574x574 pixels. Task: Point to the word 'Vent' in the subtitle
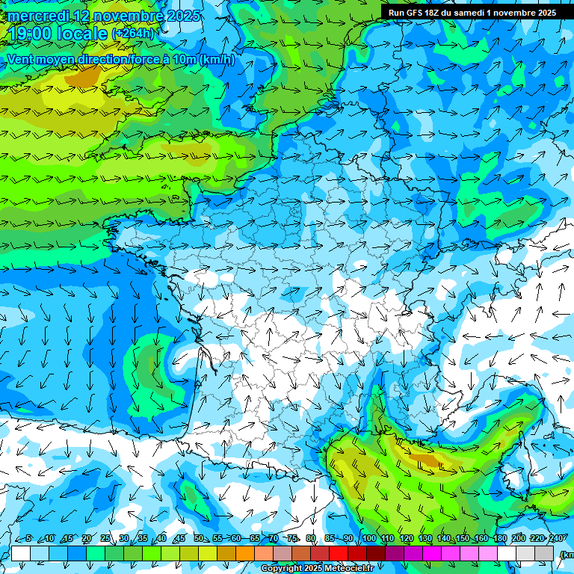click(x=20, y=59)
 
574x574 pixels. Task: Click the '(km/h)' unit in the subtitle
click(x=217, y=59)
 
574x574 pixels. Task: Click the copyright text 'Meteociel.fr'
click(x=348, y=569)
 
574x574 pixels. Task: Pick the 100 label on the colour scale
click(x=368, y=539)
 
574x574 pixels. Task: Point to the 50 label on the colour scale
click(x=199, y=539)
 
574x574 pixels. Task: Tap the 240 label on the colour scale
click(x=556, y=539)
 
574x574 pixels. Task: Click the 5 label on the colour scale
click(x=28, y=539)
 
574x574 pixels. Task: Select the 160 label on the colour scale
click(x=481, y=539)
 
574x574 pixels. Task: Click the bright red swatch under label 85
click(x=339, y=553)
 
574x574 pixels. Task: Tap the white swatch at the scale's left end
click(x=21, y=553)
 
